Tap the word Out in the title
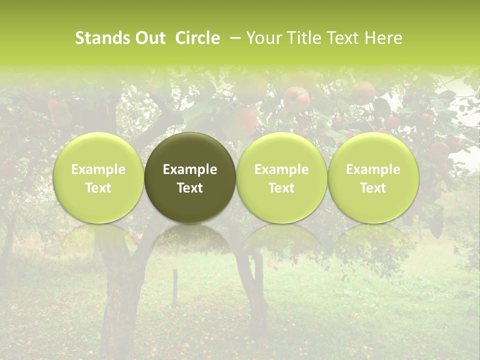click(x=149, y=38)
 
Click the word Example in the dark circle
click(x=190, y=169)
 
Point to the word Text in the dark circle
click(x=190, y=188)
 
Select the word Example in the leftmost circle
click(x=98, y=169)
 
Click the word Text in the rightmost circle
click(x=373, y=188)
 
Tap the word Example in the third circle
click(x=281, y=169)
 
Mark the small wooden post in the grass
click(x=175, y=287)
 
